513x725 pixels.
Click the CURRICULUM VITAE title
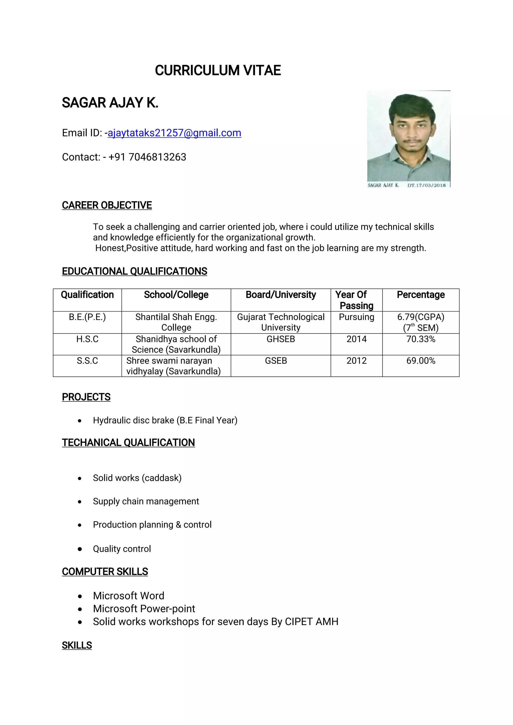[218, 70]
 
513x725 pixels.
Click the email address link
[174, 133]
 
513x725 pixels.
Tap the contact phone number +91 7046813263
[147, 157]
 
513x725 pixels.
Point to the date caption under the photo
[426, 185]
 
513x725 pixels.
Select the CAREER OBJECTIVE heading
[107, 205]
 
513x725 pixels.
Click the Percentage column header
[421, 295]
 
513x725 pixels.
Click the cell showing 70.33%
[421, 339]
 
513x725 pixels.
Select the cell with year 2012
[356, 361]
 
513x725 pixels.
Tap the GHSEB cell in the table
[281, 339]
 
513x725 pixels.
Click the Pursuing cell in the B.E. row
[356, 317]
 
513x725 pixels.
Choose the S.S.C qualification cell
[87, 361]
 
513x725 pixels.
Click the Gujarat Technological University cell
[281, 322]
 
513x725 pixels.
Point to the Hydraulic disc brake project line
[165, 420]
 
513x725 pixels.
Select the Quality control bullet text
[122, 549]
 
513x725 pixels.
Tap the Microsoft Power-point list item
[144, 609]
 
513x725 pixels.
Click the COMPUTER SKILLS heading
[105, 571]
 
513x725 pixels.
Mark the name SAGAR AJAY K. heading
[110, 103]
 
